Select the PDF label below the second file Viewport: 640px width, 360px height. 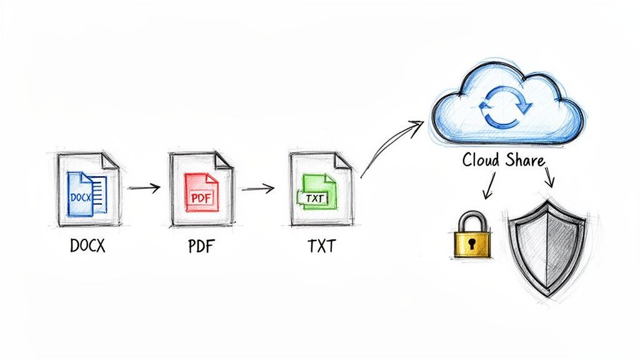[200, 246]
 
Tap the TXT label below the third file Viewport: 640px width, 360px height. [321, 246]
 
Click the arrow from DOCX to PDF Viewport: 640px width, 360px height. [144, 186]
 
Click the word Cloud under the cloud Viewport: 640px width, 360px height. [481, 159]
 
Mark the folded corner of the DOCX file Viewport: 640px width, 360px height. [111, 160]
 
